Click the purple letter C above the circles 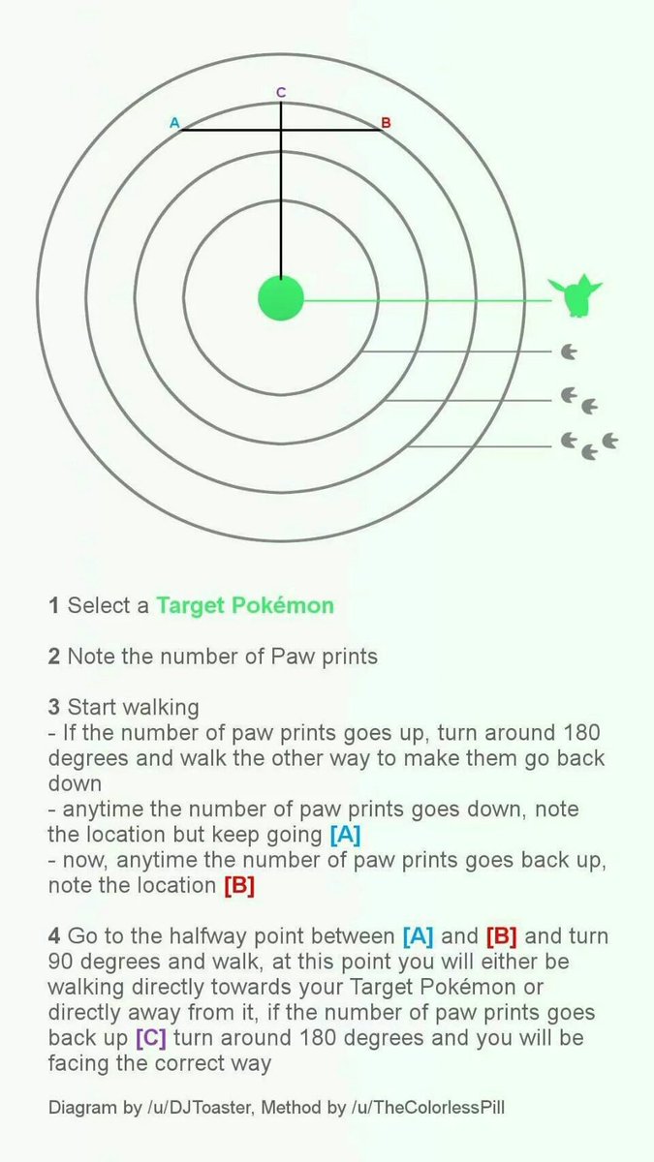click(281, 92)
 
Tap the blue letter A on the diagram click(174, 123)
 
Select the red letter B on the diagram click(386, 123)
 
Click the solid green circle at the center click(281, 298)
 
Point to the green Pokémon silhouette click(576, 295)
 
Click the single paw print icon click(569, 352)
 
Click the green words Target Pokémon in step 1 click(245, 605)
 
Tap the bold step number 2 click(54, 657)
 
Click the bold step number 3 click(54, 707)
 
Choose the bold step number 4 click(54, 935)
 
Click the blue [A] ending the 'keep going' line click(345, 834)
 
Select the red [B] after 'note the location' click(239, 885)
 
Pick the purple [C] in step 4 click(151, 1037)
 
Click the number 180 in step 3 click(581, 732)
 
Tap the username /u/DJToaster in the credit click(201, 1107)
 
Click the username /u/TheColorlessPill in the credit click(427, 1107)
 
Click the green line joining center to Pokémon click(427, 300)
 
